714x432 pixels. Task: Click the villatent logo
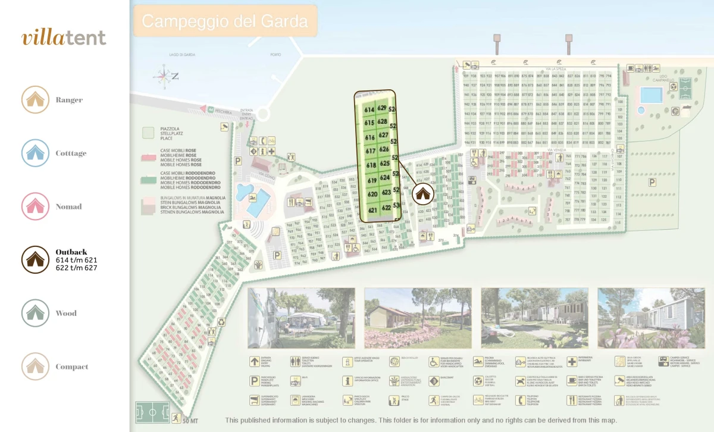64,37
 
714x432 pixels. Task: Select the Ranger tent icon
35,99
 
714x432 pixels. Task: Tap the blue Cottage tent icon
35,153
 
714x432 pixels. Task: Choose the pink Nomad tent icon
35,206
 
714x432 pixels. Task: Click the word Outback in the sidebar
71,252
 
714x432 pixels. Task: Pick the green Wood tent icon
35,313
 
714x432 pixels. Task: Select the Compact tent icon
35,367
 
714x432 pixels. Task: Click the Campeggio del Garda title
225,22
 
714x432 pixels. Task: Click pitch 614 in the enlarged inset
369,109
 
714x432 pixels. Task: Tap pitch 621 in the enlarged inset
373,210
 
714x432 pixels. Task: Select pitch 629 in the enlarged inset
382,108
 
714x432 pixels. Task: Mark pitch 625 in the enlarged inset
384,163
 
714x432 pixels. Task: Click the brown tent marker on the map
422,193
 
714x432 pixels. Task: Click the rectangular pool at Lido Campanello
651,95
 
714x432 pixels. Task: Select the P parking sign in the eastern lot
652,182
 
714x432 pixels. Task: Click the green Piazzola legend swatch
149,132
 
